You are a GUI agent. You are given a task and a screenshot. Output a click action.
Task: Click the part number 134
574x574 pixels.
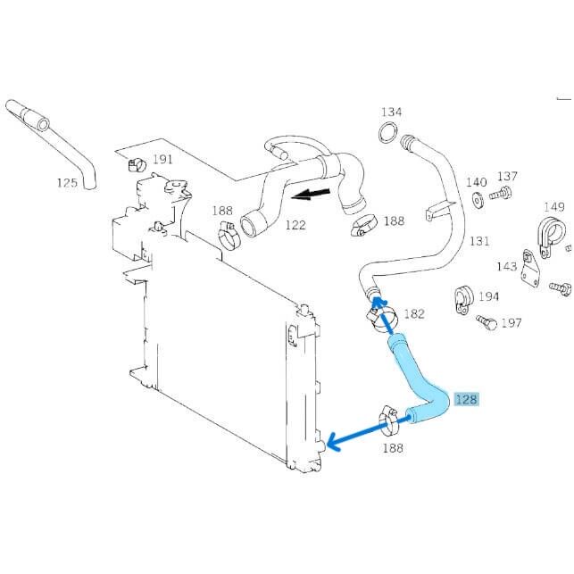click(x=391, y=112)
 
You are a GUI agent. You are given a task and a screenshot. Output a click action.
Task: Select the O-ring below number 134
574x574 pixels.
click(x=387, y=135)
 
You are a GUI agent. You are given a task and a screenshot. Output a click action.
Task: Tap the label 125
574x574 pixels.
click(x=68, y=182)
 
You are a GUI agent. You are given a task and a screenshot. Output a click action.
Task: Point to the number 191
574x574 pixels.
click(x=162, y=160)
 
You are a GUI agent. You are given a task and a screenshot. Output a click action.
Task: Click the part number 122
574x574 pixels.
click(x=295, y=225)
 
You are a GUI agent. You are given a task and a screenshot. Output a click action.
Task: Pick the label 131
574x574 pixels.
click(x=480, y=241)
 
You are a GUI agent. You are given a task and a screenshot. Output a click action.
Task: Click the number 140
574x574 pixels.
click(x=477, y=182)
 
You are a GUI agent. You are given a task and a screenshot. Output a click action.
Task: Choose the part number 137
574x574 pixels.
click(x=507, y=177)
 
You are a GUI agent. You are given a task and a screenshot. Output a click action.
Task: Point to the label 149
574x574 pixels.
click(x=554, y=207)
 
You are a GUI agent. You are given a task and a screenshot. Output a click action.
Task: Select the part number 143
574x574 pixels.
click(x=507, y=266)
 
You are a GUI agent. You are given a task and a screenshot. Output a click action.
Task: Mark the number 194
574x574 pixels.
click(x=488, y=296)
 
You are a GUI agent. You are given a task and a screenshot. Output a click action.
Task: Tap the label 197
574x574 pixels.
click(x=511, y=322)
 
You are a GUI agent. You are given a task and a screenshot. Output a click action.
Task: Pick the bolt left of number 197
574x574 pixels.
click(x=487, y=321)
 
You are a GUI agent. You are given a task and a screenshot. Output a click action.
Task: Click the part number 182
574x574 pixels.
click(x=414, y=313)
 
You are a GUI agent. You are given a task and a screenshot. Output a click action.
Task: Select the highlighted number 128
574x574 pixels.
click(x=466, y=400)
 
